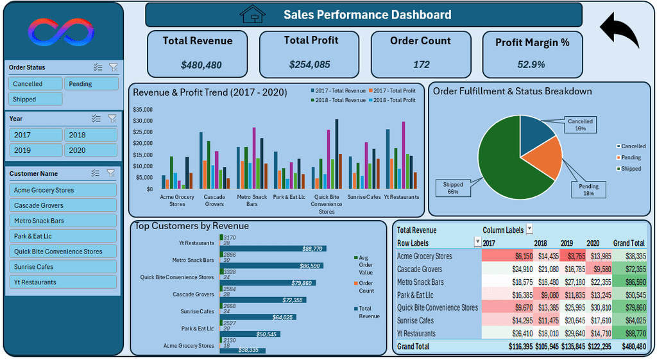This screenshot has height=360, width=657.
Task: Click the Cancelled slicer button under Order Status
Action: (x=35, y=84)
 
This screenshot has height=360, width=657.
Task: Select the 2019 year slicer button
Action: (x=36, y=150)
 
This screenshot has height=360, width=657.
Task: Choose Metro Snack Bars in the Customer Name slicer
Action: (x=63, y=221)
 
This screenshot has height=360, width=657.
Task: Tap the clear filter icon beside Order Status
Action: (x=113, y=67)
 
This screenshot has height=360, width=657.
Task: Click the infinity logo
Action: (x=61, y=32)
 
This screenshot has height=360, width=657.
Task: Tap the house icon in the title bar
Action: (x=253, y=14)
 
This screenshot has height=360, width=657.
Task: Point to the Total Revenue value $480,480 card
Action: (x=198, y=54)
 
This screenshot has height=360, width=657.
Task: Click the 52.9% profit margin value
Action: (x=531, y=65)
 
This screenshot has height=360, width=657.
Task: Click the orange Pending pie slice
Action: (x=545, y=157)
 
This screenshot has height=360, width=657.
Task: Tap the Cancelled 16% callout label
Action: (x=580, y=125)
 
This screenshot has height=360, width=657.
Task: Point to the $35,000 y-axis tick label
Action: (x=142, y=110)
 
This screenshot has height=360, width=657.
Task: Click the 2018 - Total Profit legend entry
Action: (x=392, y=100)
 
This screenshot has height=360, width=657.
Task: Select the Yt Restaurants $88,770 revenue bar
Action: (x=273, y=248)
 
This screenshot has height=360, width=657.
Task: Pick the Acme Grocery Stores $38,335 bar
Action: (x=243, y=350)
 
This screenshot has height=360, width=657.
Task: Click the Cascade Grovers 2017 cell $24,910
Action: (x=522, y=269)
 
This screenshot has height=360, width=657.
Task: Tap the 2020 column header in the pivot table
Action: (x=592, y=243)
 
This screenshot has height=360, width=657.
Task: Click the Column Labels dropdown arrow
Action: (x=529, y=229)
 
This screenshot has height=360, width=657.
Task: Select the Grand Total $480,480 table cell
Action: (x=633, y=347)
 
